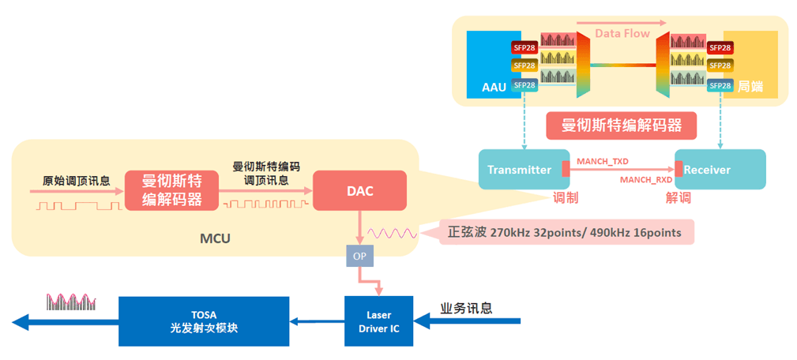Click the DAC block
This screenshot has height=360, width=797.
[359, 190]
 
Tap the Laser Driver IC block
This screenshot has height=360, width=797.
[378, 321]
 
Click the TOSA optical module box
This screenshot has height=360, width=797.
[204, 321]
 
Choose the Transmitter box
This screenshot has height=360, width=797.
[524, 170]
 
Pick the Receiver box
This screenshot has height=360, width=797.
[719, 170]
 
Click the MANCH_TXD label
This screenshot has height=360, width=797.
[603, 161]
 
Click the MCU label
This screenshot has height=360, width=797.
[214, 237]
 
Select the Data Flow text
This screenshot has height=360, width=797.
[622, 33]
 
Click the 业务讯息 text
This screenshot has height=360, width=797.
[466, 308]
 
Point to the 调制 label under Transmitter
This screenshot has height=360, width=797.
[566, 198]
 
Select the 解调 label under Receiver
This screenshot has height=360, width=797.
[678, 198]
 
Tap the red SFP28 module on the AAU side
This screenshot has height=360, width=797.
[524, 47]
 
